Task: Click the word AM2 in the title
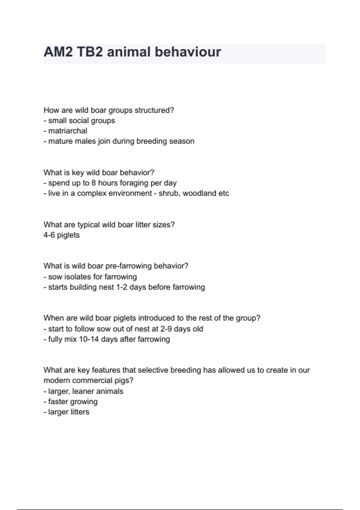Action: click(58, 52)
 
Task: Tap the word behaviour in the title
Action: click(188, 52)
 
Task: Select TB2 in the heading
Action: click(90, 52)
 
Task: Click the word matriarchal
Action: click(67, 131)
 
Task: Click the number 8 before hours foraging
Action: click(94, 183)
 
